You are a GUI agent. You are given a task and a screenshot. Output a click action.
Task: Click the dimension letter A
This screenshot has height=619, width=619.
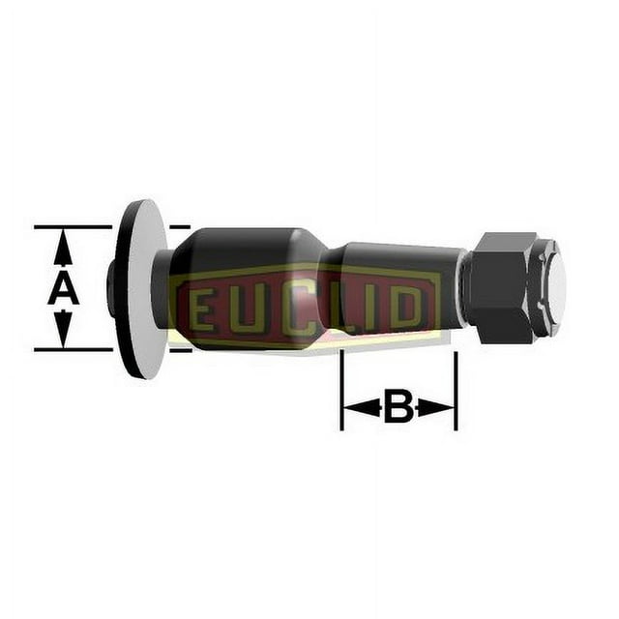pos(63,288)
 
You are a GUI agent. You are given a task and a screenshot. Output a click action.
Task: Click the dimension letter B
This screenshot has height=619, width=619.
pos(398,407)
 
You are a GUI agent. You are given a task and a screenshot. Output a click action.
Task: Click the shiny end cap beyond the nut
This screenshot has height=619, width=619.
pos(553,281)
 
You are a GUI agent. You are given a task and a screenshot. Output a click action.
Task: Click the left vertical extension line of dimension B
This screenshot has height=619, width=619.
pos(341,392)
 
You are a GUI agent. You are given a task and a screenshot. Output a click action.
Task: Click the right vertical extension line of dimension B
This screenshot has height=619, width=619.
pos(456,392)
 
